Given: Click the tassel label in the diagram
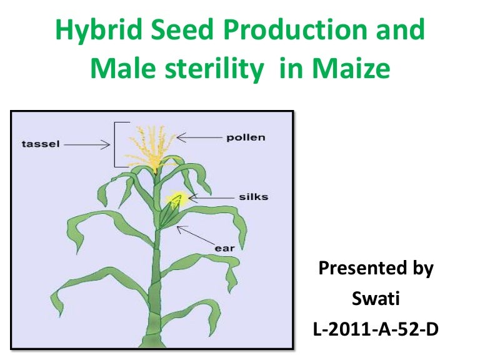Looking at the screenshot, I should click(x=40, y=144).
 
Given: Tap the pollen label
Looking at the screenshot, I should click(x=246, y=137).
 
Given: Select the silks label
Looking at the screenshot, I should click(x=253, y=197).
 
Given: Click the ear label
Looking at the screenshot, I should click(x=224, y=248).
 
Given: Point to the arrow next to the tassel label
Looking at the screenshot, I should click(x=87, y=144).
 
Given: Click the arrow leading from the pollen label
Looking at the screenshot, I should click(x=199, y=136).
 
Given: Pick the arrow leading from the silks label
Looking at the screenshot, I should click(x=211, y=197).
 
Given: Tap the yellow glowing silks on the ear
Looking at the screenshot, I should click(x=176, y=199).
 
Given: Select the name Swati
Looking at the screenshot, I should click(x=376, y=298).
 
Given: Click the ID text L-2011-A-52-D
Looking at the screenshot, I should click(x=376, y=328).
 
